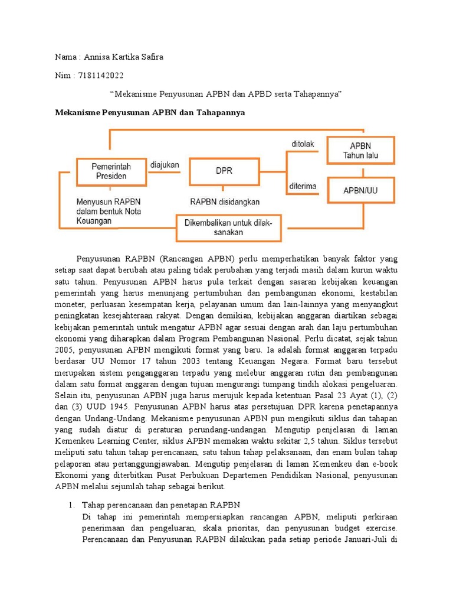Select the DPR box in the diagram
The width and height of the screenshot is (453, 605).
[224, 170]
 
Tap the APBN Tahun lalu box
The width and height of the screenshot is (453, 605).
[360, 151]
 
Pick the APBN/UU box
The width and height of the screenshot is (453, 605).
[360, 190]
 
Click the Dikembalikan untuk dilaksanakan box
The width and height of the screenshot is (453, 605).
[229, 227]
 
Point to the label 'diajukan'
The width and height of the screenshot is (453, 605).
[165, 165]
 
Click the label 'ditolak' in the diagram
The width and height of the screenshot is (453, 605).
[304, 144]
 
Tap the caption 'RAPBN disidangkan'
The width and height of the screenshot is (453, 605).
[225, 201]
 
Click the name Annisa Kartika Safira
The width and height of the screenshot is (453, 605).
[124, 57]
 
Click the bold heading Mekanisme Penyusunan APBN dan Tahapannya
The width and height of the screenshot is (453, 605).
[150, 112]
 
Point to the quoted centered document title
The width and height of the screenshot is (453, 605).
[227, 94]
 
